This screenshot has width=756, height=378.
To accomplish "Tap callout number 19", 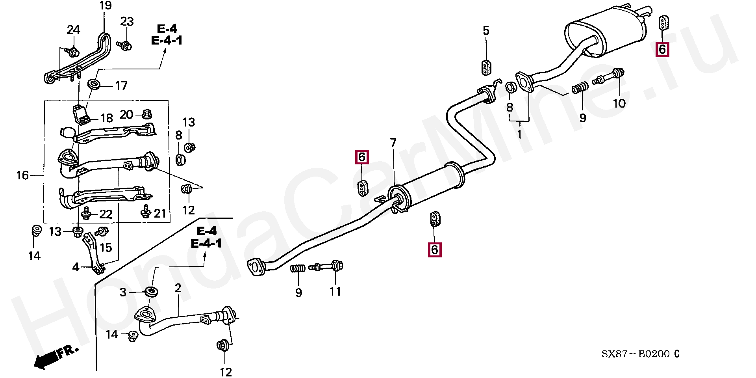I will (x=105, y=6).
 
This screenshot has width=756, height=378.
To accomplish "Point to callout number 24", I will (x=73, y=30).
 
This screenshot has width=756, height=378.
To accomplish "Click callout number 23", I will (x=127, y=22).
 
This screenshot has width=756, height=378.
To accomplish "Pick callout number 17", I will (x=121, y=86).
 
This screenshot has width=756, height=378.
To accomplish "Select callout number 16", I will (x=22, y=175).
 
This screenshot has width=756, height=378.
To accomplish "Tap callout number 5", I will (x=486, y=31).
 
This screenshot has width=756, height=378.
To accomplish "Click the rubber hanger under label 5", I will (x=487, y=68).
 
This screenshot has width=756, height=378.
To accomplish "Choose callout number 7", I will (x=393, y=143).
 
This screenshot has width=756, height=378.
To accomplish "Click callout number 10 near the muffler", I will (x=619, y=103).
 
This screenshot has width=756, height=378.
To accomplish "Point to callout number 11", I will (x=335, y=292).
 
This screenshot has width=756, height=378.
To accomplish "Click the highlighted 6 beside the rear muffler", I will (x=662, y=50).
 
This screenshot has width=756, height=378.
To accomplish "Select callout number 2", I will (x=178, y=288).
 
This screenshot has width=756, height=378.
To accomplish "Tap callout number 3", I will (x=123, y=292).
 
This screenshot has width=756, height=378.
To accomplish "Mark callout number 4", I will (x=76, y=267).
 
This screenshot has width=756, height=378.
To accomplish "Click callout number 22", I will (x=106, y=214).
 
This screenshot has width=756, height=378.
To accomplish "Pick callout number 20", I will (x=126, y=115).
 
